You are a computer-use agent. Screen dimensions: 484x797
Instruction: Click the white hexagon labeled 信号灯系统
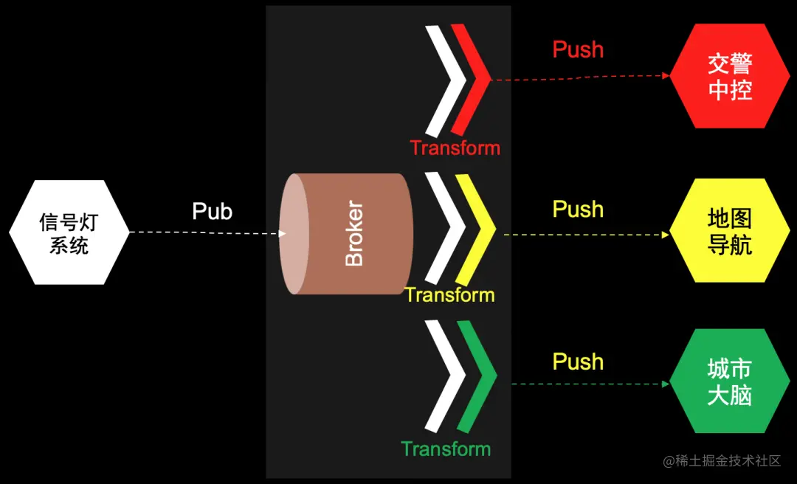coord(69,232)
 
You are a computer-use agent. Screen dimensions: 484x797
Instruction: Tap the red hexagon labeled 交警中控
coord(729,76)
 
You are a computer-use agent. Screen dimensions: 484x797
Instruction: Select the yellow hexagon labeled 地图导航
coord(729,231)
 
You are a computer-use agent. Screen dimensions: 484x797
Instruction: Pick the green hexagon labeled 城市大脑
coord(729,381)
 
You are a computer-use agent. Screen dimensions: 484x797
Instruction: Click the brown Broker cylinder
coord(347,234)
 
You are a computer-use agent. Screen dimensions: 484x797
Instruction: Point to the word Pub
coord(212,211)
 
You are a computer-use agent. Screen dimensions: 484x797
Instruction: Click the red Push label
coord(578,49)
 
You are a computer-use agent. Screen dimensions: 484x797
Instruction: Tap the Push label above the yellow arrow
coord(578,210)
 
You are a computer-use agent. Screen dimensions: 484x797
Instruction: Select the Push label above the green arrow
coord(578,362)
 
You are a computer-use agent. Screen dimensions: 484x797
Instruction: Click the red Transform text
coord(455,148)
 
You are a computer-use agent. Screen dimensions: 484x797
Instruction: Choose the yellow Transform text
coord(449,295)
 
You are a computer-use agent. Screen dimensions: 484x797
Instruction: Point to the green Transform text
coord(446,449)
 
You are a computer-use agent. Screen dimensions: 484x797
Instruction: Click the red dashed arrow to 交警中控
coord(579,77)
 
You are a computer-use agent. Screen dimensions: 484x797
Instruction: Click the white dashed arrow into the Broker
coord(207,233)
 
